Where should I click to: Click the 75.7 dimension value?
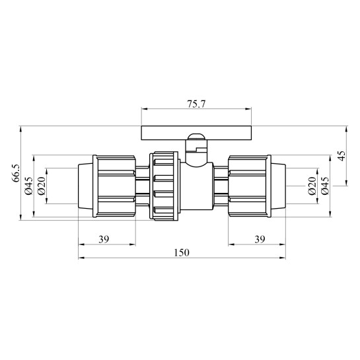click(x=196, y=104)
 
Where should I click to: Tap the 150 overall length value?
click(x=182, y=253)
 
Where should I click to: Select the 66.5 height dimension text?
click(x=16, y=173)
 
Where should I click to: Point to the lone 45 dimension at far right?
click(x=342, y=156)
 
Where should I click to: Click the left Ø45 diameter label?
click(x=29, y=186)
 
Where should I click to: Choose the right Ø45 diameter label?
click(x=325, y=186)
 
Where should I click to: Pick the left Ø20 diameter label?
click(x=42, y=186)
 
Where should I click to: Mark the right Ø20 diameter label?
click(x=312, y=186)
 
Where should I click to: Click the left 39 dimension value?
click(x=104, y=240)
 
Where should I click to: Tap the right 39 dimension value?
click(x=260, y=240)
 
